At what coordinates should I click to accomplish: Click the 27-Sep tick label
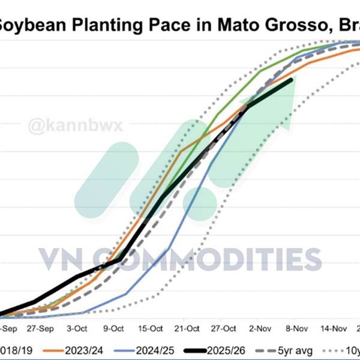coord(41,329)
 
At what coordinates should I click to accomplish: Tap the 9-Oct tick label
coord(113,329)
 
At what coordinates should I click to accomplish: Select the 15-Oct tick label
coord(150,329)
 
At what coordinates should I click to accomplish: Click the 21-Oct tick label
coord(187,329)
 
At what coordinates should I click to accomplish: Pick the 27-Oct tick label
coord(223,329)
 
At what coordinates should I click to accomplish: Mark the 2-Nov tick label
coord(260,329)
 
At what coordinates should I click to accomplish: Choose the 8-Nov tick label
coord(296,329)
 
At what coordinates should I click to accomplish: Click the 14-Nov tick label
coord(333,329)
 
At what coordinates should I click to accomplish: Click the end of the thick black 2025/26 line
coord(292,80)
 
